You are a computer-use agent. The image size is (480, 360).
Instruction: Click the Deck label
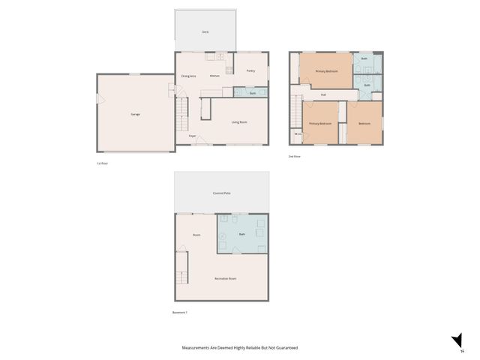click(205, 32)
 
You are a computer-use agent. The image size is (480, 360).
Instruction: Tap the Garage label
click(136, 114)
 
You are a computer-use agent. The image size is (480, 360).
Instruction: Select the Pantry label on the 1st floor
click(250, 71)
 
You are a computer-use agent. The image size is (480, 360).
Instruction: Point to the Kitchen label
click(214, 76)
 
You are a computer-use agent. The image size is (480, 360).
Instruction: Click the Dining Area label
click(188, 76)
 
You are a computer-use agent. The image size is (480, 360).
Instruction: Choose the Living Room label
click(239, 121)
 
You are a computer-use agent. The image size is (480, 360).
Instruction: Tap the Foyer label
click(193, 136)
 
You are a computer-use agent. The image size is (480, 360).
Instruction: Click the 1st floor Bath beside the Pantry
click(253, 93)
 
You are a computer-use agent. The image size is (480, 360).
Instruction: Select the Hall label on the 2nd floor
click(323, 95)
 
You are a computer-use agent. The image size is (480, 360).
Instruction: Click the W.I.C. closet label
click(297, 135)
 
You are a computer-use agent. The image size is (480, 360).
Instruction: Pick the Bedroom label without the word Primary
click(364, 123)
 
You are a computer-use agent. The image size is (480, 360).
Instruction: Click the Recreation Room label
click(226, 278)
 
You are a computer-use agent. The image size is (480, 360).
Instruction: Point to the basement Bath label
click(241, 235)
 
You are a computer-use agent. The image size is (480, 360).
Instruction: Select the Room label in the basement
click(196, 235)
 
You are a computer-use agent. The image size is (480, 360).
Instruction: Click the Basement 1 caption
click(180, 313)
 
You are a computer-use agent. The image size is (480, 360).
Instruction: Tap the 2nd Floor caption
click(295, 157)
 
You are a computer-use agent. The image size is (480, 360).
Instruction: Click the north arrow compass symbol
click(456, 342)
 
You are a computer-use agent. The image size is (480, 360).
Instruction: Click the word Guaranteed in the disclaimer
click(283, 348)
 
